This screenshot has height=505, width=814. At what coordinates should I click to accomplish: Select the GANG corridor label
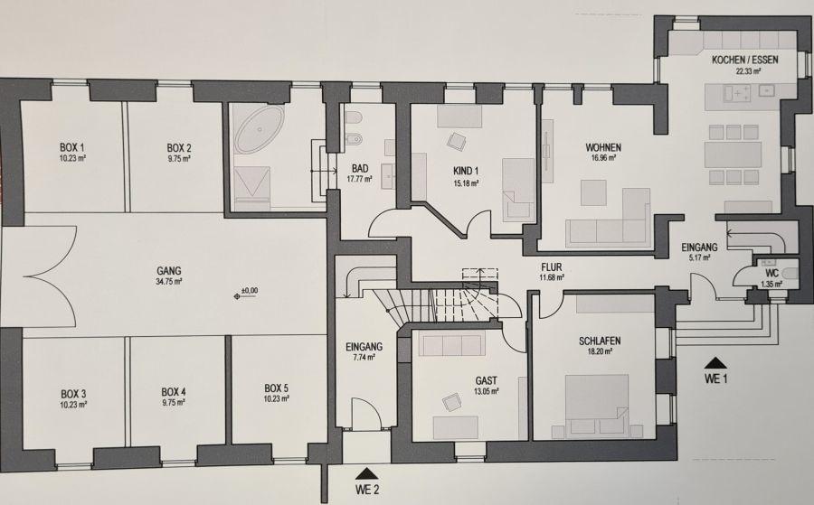(169, 270)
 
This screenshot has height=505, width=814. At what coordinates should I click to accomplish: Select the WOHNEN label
(603, 146)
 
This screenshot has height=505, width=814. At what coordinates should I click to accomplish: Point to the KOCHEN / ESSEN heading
(744, 60)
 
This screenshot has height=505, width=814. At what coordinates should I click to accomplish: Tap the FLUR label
(553, 267)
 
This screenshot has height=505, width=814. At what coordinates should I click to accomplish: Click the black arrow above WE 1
(715, 362)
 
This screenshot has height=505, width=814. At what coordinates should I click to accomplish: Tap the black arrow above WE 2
(365, 472)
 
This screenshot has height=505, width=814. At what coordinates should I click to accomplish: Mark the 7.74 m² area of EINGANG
(364, 357)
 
